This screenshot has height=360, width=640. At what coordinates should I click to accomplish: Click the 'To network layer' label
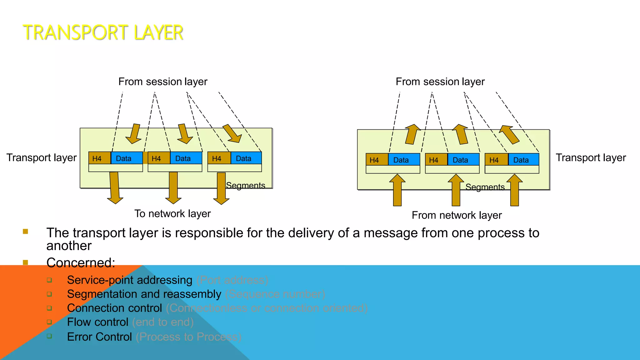172,214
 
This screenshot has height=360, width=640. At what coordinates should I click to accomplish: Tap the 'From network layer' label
457,215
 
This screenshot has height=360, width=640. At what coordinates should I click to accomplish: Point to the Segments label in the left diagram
246,186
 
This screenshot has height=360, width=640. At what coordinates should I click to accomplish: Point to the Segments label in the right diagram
485,187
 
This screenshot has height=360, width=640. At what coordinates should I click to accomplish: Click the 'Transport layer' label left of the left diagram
42,158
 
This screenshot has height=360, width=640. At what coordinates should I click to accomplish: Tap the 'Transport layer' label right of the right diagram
591,158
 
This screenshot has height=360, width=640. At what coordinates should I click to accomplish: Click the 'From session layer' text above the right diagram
440,82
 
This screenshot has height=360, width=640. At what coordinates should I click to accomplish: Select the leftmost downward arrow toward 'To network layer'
115,187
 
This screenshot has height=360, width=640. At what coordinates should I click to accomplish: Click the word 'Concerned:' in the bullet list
81,263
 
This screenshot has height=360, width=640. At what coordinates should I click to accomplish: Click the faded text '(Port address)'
232,280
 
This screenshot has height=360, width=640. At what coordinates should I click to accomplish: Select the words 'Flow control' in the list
97,322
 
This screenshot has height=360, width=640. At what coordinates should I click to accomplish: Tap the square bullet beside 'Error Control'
49,336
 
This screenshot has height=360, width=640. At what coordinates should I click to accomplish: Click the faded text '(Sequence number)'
275,294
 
